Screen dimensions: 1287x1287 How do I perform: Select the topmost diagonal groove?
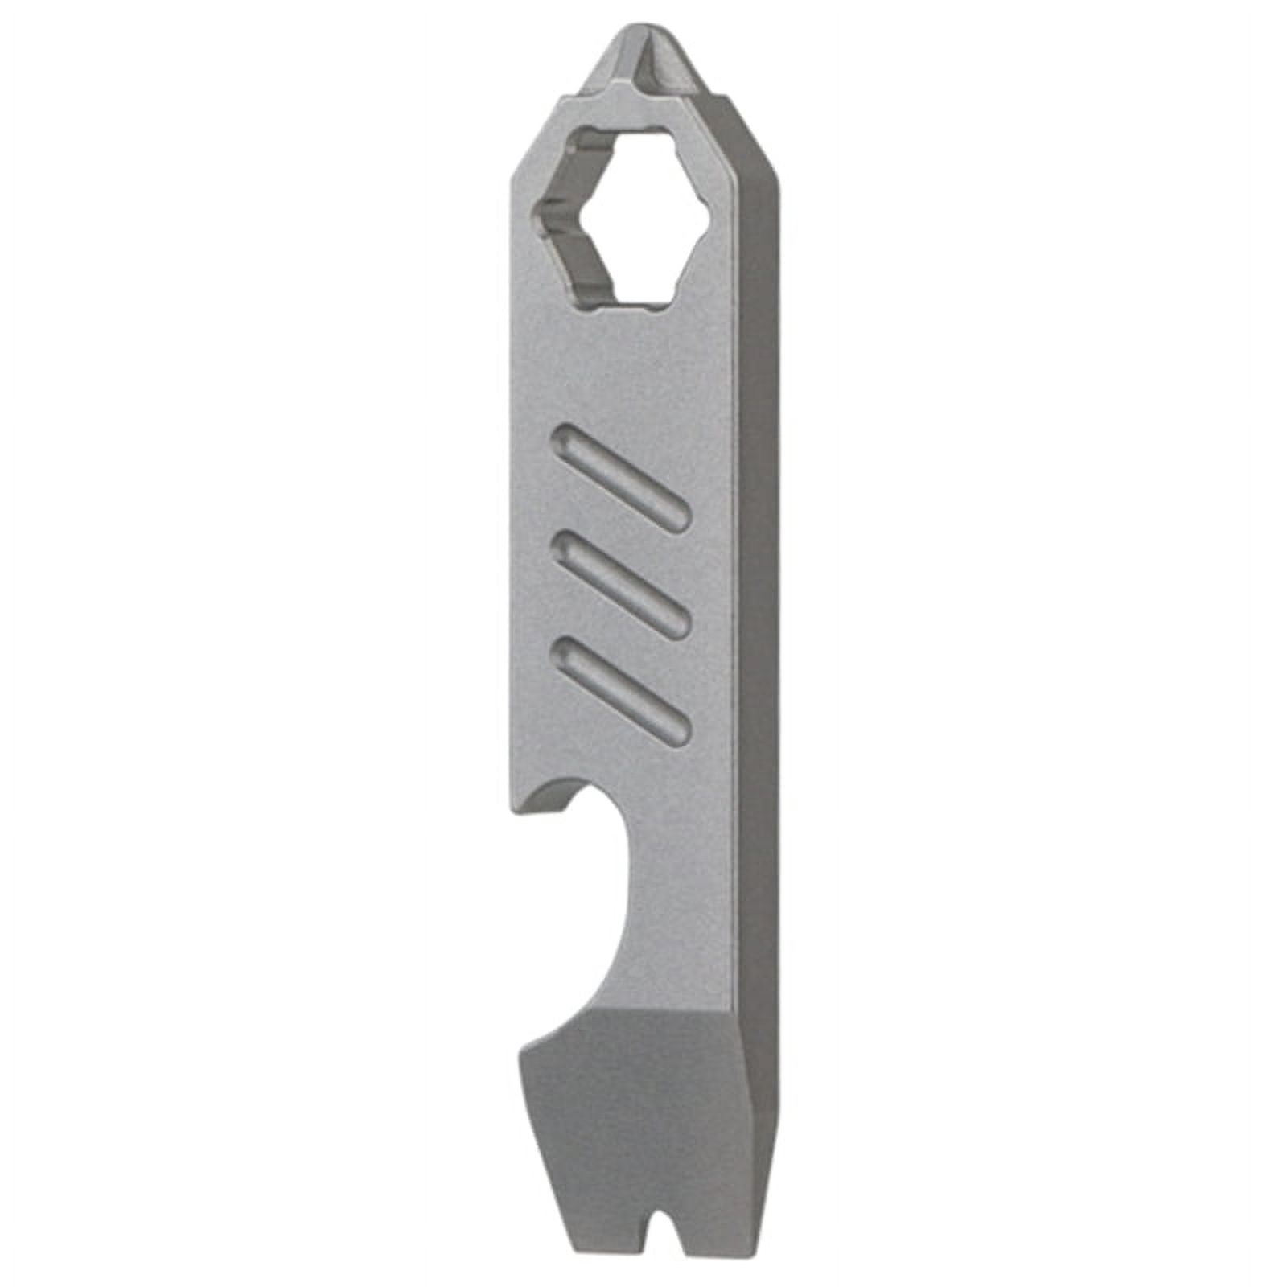point(619,479)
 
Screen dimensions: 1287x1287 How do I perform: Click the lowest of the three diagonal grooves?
point(619,689)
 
